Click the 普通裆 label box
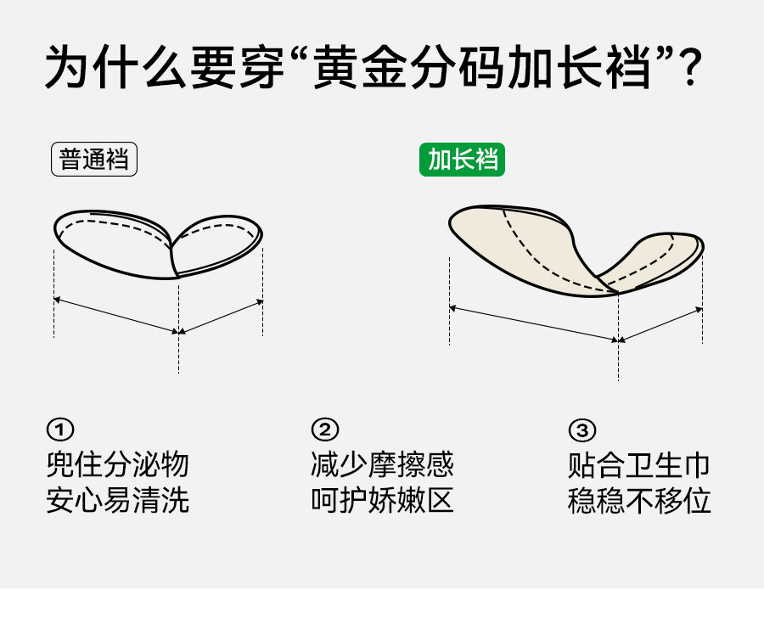94,160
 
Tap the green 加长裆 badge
462,160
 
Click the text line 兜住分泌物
117,464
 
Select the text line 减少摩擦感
382,464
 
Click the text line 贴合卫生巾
638,464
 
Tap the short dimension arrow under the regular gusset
221,316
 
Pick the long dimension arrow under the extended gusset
534,323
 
